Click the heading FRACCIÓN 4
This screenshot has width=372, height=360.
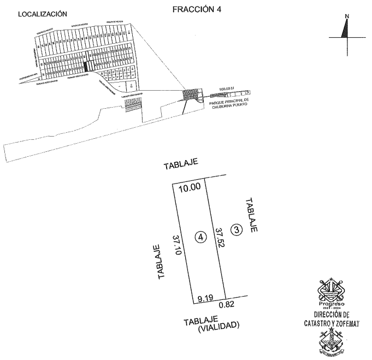(197, 10)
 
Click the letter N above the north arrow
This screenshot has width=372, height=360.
(345, 17)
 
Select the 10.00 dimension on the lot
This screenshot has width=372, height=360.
(189, 187)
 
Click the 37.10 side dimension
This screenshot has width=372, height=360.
(176, 241)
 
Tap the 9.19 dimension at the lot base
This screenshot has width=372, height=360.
(205, 298)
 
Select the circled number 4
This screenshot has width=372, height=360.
(201, 237)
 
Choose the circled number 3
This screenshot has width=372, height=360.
(235, 230)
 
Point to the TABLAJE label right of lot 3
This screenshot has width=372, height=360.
(252, 216)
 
